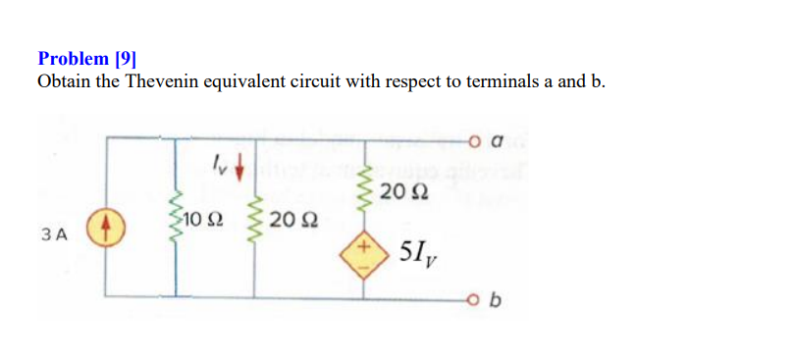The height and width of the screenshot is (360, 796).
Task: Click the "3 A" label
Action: (55, 235)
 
